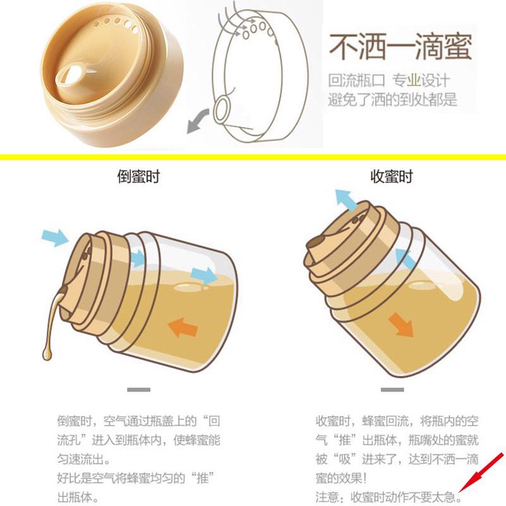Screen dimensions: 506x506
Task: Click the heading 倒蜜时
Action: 139,176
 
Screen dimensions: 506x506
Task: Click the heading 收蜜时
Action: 392,176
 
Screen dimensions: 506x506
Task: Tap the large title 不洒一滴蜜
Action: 400,46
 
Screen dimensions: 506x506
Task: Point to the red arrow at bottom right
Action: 481,477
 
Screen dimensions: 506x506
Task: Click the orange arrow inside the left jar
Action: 183,327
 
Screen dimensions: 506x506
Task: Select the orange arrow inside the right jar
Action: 401,325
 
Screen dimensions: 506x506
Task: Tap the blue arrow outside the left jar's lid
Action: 55,237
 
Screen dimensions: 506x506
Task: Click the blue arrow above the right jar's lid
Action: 346,200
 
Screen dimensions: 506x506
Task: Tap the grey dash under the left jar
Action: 139,390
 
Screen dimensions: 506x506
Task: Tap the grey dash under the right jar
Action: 392,390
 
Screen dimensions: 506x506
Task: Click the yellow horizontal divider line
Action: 253,157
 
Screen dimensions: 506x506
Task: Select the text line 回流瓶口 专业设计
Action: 389,80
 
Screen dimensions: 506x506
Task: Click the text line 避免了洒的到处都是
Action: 392,99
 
